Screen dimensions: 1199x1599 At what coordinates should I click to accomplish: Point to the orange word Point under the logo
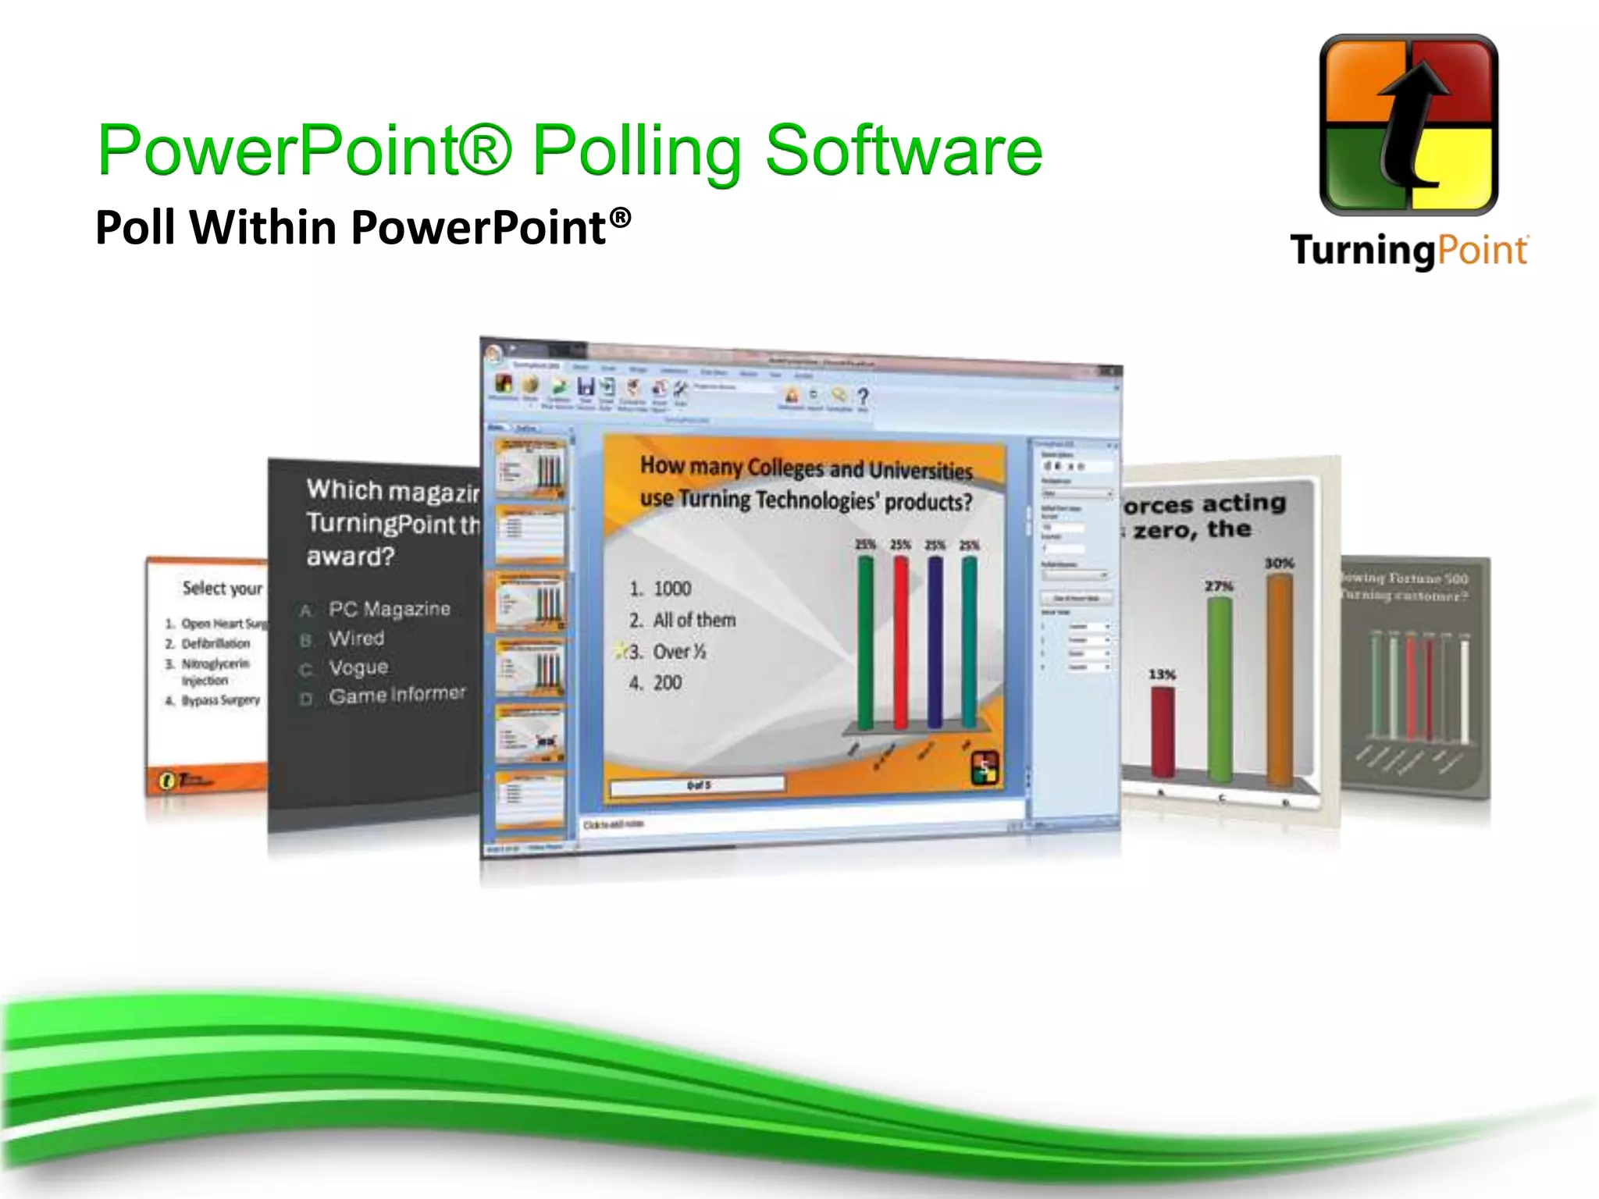(1481, 251)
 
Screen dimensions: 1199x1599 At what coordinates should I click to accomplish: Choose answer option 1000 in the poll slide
(671, 589)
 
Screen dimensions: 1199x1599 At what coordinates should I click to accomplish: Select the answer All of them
(694, 620)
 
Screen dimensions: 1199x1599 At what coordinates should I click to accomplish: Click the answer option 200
(667, 683)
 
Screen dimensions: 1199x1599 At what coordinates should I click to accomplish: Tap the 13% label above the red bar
(1162, 674)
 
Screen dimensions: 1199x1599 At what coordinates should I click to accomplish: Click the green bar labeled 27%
(1219, 687)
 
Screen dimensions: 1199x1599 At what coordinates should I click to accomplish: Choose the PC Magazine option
(389, 609)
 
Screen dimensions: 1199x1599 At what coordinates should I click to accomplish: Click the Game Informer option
(397, 695)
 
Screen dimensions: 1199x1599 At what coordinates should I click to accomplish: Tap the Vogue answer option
(358, 667)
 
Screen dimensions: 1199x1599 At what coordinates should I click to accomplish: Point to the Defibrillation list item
(215, 643)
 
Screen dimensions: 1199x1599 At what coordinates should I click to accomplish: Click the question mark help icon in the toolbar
(863, 397)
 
